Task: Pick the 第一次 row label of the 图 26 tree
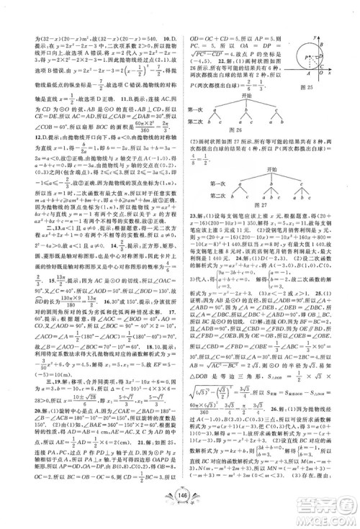(194, 109)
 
